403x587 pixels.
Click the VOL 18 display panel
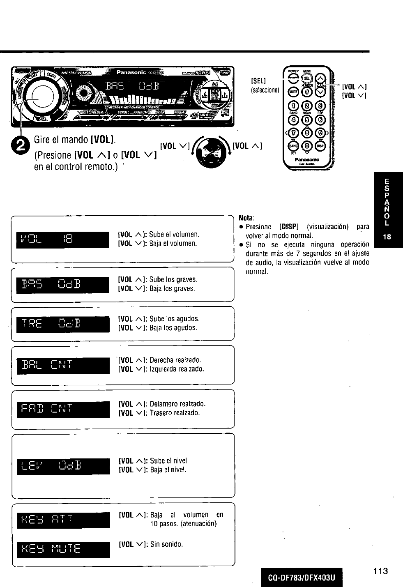point(63,240)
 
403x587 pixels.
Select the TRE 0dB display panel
point(63,324)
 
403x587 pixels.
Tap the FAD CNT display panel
point(63,409)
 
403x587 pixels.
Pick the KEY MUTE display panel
point(63,549)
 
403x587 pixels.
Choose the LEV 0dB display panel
point(63,466)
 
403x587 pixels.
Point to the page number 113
point(380,571)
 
